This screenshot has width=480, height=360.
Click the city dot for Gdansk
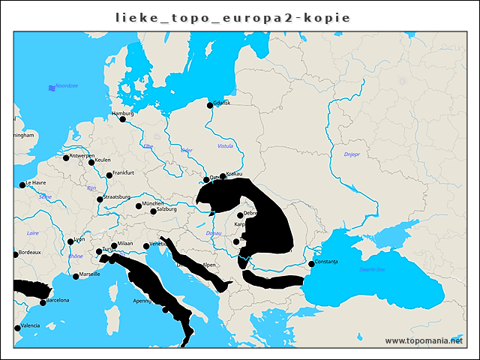click(210, 105)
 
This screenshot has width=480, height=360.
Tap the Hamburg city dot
click(122, 118)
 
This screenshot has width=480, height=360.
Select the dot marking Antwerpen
click(66, 157)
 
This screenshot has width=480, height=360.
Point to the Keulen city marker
click(91, 162)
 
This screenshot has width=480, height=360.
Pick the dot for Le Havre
click(22, 184)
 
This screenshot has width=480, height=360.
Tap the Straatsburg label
click(117, 197)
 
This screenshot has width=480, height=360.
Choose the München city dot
click(139, 205)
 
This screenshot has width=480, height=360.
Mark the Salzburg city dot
click(153, 211)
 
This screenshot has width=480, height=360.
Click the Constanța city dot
click(311, 263)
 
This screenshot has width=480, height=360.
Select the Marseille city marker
click(76, 276)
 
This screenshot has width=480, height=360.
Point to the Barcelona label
click(58, 300)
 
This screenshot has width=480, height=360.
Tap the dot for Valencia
click(17, 328)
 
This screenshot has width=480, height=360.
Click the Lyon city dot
click(70, 241)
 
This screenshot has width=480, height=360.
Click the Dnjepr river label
click(352, 154)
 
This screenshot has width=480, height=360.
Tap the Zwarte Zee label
click(372, 268)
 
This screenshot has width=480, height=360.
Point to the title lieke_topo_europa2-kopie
click(232, 16)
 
